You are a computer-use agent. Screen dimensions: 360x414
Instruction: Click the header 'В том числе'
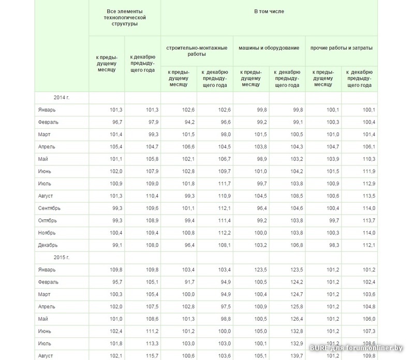coord(269,11)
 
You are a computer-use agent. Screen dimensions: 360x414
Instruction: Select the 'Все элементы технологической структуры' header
coord(124,18)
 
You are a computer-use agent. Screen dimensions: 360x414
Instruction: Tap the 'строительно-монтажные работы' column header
coord(197,51)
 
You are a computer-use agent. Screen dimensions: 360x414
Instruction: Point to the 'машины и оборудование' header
coord(269,48)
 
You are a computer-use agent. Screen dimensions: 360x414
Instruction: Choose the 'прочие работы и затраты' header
coord(341,48)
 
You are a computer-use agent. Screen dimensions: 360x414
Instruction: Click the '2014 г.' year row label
coord(62,98)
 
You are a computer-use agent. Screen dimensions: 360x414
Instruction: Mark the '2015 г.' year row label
coord(62,257)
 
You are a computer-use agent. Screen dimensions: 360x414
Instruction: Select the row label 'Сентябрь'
coord(50,208)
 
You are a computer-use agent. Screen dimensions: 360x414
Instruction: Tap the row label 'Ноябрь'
coord(47,233)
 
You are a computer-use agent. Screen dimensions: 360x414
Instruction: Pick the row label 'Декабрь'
coord(48,245)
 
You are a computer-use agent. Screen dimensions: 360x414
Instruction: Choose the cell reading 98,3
coord(333,245)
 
